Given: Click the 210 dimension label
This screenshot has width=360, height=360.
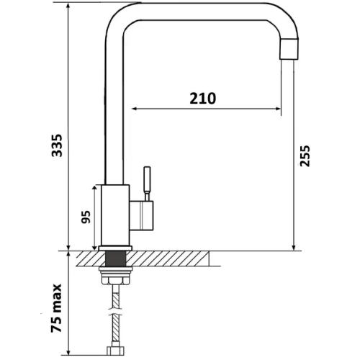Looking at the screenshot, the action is pyautogui.click(x=202, y=98).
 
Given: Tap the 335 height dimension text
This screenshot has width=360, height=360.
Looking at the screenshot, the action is pyautogui.click(x=57, y=145).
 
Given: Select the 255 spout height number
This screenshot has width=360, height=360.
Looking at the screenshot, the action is pyautogui.click(x=305, y=156).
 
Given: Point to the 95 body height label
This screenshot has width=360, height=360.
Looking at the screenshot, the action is pyautogui.click(x=86, y=217).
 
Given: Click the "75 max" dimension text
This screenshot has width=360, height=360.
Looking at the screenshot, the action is pyautogui.click(x=56, y=308).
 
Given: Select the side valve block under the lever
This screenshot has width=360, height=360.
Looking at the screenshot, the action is pyautogui.click(x=141, y=216).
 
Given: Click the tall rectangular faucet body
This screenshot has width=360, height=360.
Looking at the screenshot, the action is pyautogui.click(x=115, y=215).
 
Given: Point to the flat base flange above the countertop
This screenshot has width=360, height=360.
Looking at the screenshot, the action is pyautogui.click(x=115, y=248).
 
